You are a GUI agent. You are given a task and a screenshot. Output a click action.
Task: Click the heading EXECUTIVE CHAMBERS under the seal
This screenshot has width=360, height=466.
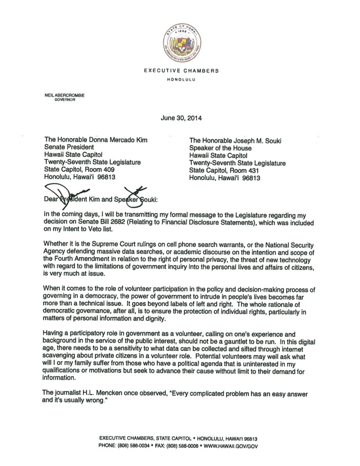pyautogui.click(x=181, y=71)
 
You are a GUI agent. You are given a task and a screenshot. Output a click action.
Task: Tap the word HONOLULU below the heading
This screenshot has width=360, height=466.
pyautogui.click(x=181, y=80)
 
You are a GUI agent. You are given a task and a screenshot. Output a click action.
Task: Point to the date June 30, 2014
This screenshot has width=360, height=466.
pyautogui.click(x=181, y=118)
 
